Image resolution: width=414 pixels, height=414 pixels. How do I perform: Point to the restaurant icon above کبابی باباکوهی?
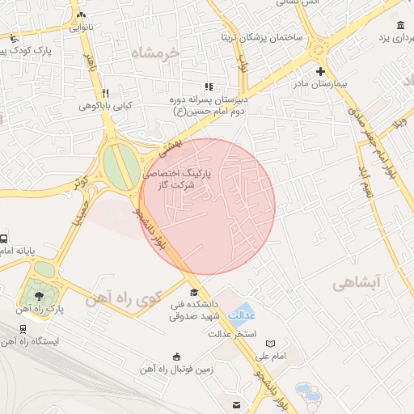pos(106,93)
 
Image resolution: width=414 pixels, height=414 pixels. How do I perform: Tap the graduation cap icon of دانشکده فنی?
pos(193,292)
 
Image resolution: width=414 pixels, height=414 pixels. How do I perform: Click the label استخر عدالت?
pos(233,333)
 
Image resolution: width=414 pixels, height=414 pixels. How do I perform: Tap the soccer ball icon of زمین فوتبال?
pos(177,357)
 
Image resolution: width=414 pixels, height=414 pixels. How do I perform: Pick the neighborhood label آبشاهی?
pos(356,283)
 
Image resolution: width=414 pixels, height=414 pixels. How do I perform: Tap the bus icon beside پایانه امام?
pos(3,239)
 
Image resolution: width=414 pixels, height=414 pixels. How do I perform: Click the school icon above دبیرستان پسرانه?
pos(209,87)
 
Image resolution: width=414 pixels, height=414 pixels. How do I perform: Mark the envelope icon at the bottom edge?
pos(236,404)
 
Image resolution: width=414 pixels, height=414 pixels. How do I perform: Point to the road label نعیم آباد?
pos(366,183)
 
